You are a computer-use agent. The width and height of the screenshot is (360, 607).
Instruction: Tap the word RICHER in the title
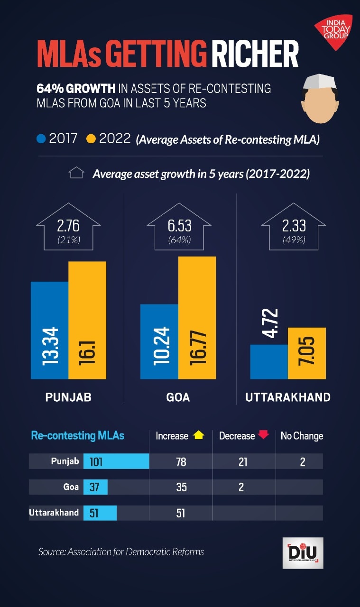click(255, 55)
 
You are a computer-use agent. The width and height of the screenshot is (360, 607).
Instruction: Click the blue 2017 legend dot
click(41, 139)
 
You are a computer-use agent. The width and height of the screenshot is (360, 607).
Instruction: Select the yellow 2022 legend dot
click(91, 139)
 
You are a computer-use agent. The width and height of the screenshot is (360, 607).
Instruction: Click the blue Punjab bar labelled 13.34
click(50, 331)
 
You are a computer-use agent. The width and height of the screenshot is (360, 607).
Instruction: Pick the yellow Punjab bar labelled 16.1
click(87, 320)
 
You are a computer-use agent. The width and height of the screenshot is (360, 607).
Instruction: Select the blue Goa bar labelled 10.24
click(159, 341)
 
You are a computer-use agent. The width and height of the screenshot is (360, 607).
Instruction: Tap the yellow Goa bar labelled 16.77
click(197, 318)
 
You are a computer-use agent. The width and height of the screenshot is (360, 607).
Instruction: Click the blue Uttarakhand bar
click(269, 362)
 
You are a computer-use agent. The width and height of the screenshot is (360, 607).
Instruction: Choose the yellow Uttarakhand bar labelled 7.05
click(306, 353)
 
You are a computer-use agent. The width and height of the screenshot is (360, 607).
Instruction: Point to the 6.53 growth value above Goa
click(179, 225)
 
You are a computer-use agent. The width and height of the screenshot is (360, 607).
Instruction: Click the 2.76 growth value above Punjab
click(69, 225)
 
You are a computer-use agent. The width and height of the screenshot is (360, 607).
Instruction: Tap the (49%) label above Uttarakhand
click(294, 240)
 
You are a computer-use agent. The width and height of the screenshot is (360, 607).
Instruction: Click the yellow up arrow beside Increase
click(199, 435)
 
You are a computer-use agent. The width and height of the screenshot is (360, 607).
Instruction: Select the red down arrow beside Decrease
click(263, 435)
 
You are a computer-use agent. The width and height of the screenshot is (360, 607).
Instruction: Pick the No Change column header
click(302, 436)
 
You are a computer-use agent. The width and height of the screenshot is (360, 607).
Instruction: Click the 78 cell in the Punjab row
click(181, 461)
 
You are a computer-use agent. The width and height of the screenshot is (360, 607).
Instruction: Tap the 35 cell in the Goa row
click(181, 487)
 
